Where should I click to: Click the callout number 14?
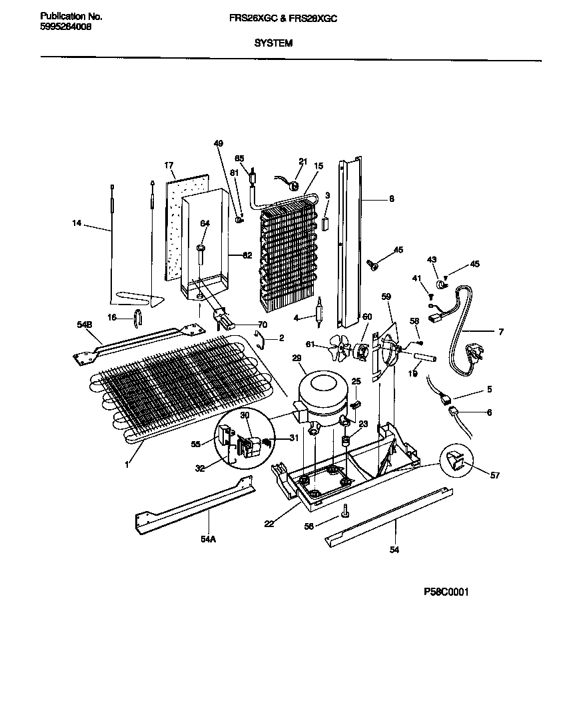pyautogui.click(x=77, y=224)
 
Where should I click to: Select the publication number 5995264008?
pyautogui.click(x=66, y=27)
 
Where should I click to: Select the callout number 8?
pyautogui.click(x=391, y=198)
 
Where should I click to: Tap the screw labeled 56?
pyautogui.click(x=345, y=510)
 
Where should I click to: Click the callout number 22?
pyautogui.click(x=269, y=523)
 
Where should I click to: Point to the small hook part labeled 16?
pyautogui.click(x=138, y=318)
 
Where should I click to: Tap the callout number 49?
pyautogui.click(x=218, y=143)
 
